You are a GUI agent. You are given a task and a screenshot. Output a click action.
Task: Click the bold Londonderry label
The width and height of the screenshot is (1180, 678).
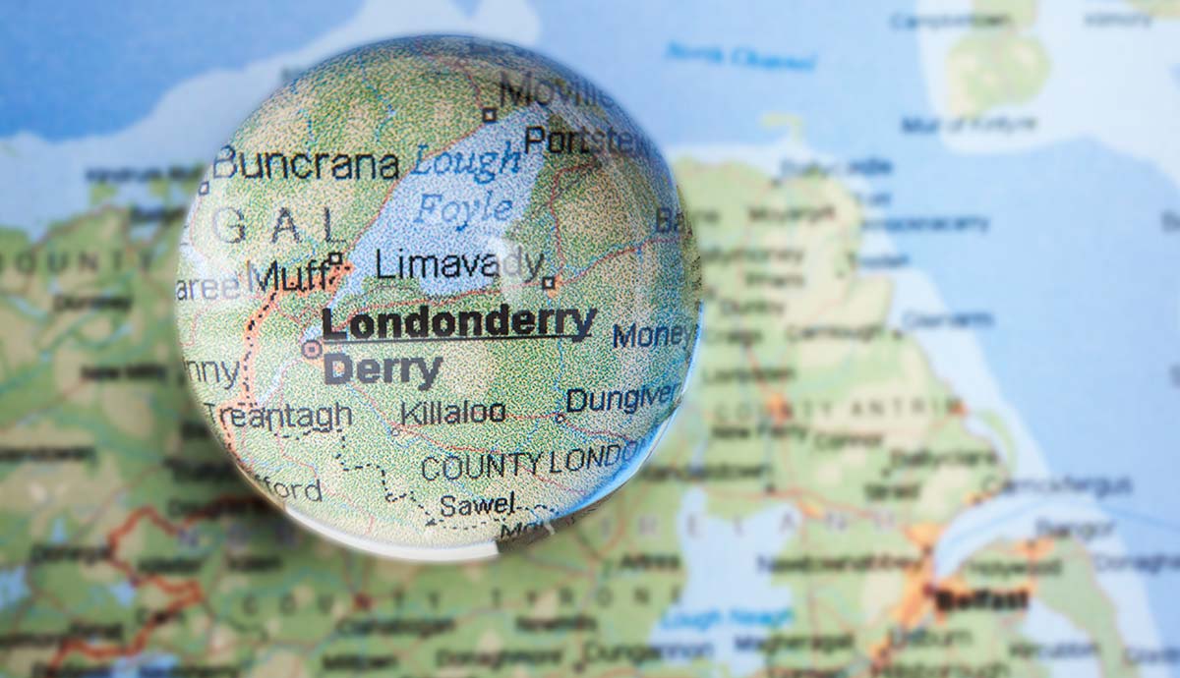tap(458, 322)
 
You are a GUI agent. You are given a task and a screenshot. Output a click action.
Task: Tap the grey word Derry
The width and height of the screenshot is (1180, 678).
tap(383, 370)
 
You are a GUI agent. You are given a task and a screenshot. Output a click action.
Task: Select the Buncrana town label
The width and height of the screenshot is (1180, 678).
tap(307, 164)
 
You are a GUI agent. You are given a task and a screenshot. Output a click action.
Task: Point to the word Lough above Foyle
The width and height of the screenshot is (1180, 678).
tap(465, 161)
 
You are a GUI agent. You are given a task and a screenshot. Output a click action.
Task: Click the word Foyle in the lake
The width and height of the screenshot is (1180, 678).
tap(463, 208)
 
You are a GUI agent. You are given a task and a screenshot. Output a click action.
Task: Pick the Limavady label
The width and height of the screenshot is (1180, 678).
tap(458, 263)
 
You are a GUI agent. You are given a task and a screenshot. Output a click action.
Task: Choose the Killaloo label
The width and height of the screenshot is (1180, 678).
tap(453, 412)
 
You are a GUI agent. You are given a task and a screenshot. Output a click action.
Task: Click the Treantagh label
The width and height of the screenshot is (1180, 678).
tap(278, 416)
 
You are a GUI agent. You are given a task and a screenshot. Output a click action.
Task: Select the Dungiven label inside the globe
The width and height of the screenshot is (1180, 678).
tap(621, 398)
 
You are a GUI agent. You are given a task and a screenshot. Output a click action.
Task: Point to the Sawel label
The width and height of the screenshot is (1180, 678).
tap(477, 505)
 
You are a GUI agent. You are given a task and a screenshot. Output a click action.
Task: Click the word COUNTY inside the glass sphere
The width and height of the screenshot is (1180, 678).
tap(481, 466)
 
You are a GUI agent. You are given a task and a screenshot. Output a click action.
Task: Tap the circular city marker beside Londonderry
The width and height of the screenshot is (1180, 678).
tap(312, 348)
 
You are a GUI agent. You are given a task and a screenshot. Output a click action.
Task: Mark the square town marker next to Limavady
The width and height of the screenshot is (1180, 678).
tap(549, 283)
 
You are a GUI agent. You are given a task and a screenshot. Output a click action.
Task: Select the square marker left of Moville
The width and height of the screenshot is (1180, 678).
tap(489, 115)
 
